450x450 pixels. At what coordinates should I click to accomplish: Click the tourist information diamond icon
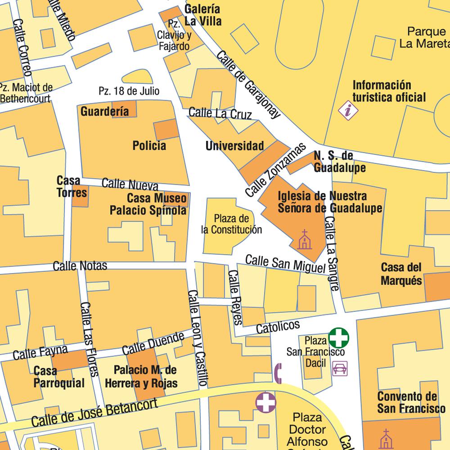tap(348, 110)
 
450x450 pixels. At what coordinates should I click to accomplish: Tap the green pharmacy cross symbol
tap(338, 337)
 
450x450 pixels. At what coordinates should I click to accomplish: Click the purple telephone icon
tap(278, 373)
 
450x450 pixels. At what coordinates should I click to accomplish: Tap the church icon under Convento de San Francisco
tap(385, 439)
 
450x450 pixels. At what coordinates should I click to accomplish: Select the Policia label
tap(149, 145)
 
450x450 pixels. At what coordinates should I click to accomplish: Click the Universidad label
tap(234, 146)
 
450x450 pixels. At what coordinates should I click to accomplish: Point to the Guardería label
tap(104, 111)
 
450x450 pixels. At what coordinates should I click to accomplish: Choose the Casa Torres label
tap(68, 186)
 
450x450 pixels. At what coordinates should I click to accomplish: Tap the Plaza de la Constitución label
tap(231, 224)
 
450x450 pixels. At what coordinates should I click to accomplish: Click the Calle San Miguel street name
tap(285, 264)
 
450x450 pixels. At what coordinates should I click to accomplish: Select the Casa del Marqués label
tap(401, 274)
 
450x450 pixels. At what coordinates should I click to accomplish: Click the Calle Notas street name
tap(80, 265)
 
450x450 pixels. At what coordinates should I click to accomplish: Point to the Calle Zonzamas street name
tap(275, 170)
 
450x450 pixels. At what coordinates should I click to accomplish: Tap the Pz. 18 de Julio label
tap(129, 91)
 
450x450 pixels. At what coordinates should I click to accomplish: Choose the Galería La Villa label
tap(202, 15)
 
